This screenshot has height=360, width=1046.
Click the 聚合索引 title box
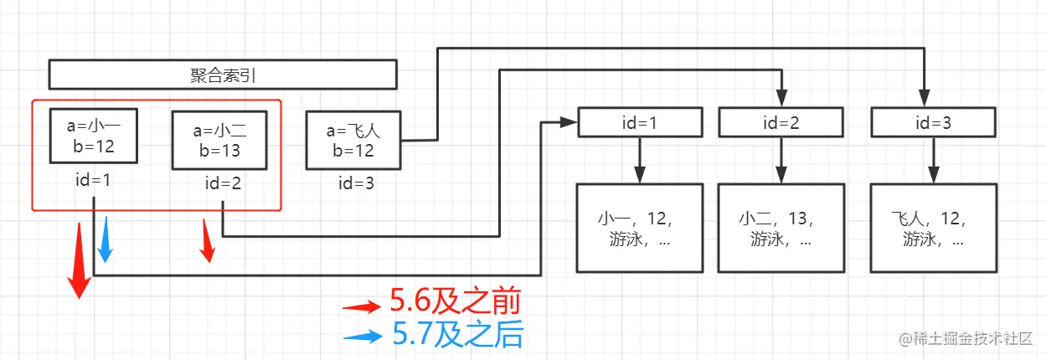222,75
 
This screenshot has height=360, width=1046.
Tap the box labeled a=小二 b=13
219,140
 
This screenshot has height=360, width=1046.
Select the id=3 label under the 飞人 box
354,183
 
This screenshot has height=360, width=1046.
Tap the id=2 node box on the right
781,123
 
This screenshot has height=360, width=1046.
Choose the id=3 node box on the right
933,123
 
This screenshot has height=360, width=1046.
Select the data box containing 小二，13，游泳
781,228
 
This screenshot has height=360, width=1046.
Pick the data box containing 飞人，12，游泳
933,228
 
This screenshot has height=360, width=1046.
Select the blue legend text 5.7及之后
457,336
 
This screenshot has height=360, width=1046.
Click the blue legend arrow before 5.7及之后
363,337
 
